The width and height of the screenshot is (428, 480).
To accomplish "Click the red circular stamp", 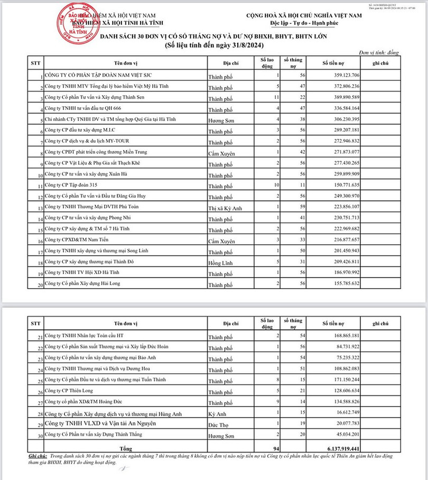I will click(73, 23).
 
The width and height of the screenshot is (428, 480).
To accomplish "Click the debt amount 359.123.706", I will click(341, 75).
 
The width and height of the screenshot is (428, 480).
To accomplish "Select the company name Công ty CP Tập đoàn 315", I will click(71, 185).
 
